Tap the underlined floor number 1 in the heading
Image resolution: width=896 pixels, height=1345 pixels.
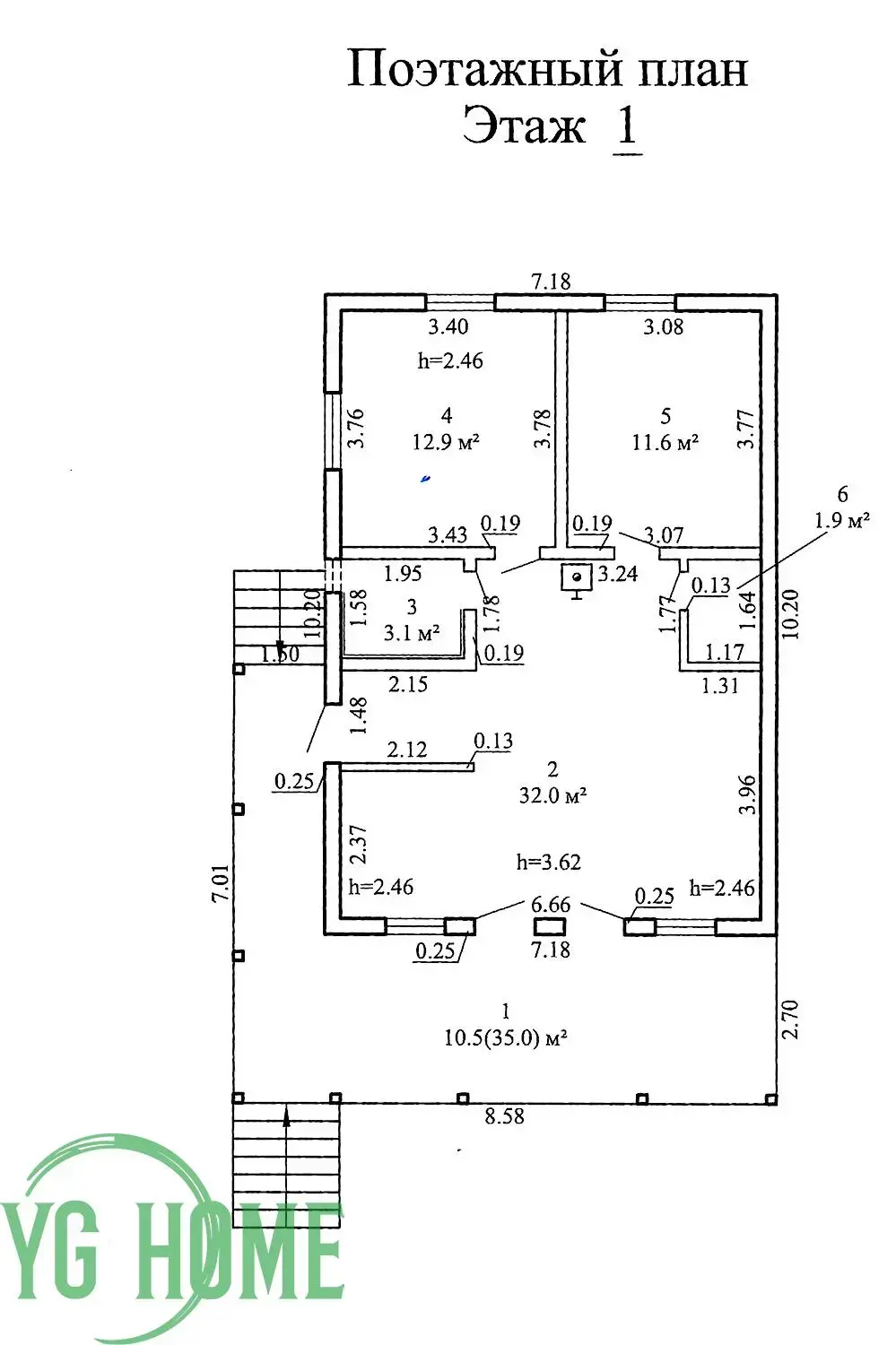tap(627, 127)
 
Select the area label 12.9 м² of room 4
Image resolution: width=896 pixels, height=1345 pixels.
tap(446, 442)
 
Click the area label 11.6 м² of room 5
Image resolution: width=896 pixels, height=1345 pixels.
tap(665, 442)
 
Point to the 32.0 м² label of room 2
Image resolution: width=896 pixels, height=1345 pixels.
tap(552, 795)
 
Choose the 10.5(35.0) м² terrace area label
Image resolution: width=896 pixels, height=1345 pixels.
tap(507, 1038)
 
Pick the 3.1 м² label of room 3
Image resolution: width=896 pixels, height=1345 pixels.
tap(412, 633)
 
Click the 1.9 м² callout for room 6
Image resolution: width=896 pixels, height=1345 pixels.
tap(841, 520)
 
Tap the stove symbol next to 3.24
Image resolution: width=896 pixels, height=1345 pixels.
tap(576, 578)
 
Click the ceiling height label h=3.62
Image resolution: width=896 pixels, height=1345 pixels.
tap(549, 863)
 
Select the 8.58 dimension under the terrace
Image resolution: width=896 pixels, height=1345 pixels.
tap(504, 1117)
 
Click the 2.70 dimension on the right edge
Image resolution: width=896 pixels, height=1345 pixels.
tap(789, 1020)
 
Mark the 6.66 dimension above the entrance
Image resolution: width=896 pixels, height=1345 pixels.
tap(550, 905)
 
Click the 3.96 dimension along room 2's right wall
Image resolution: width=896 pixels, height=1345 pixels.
tap(746, 794)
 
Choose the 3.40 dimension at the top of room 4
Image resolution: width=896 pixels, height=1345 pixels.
tap(447, 327)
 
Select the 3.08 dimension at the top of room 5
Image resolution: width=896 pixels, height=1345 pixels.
tap(664, 327)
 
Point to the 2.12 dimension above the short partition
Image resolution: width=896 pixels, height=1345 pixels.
tap(407, 750)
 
